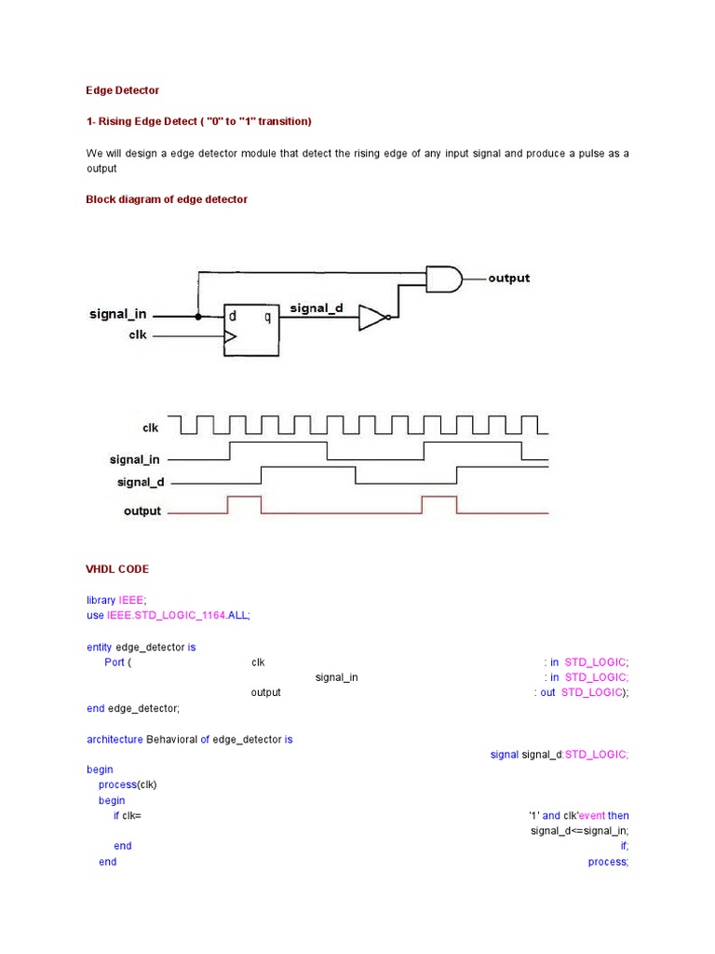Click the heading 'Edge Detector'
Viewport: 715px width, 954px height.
coord(123,90)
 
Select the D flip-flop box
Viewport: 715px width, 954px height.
coord(251,330)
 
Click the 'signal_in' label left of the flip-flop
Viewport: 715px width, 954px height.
coord(117,314)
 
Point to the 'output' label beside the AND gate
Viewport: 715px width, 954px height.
coord(508,278)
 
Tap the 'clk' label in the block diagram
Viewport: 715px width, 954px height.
coord(138,335)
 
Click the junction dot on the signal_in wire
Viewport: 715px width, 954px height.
coord(198,316)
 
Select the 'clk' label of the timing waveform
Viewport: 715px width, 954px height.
coord(151,429)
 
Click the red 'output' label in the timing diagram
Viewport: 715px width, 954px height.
coord(142,511)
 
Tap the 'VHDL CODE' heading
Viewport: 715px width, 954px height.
coord(117,569)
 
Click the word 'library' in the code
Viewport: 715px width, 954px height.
coord(101,601)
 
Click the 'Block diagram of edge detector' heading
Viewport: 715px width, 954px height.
coord(167,199)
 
